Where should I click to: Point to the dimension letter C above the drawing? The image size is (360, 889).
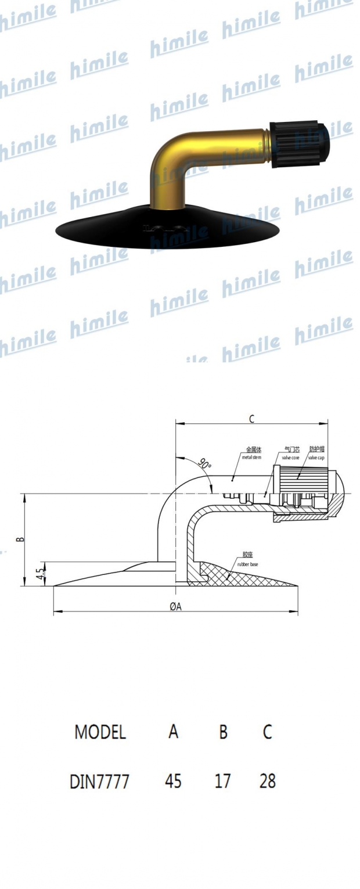[x=251, y=419]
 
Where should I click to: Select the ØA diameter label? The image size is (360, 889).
[x=175, y=606]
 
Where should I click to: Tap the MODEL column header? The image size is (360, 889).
[x=100, y=732]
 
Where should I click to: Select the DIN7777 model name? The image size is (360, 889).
[x=99, y=782]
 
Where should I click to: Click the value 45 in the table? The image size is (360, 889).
[x=173, y=782]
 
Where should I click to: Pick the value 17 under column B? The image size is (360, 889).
[x=222, y=782]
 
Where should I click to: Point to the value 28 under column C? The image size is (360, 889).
[x=267, y=782]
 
